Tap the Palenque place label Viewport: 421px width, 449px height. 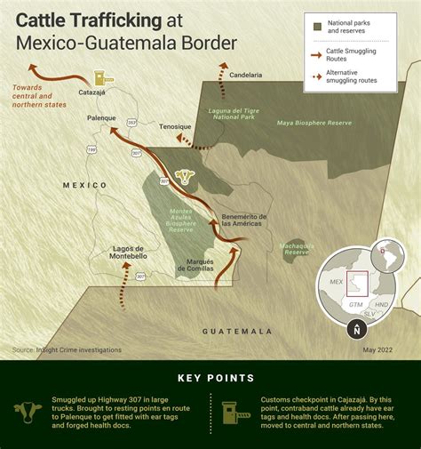tap(103, 117)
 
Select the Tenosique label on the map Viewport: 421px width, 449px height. tap(175, 126)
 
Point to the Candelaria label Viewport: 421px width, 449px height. tap(246, 76)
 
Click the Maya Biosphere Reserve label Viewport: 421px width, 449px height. tap(308, 123)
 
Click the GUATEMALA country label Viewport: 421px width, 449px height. tap(237, 331)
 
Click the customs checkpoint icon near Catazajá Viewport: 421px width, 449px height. tap(99, 79)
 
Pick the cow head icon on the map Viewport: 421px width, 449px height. tap(185, 175)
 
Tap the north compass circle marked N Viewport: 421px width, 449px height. tap(356, 330)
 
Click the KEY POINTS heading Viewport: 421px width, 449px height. tap(210, 378)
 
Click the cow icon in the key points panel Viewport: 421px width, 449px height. tap(28, 411)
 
